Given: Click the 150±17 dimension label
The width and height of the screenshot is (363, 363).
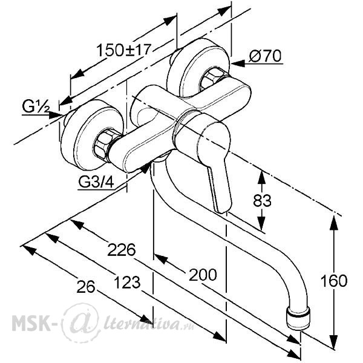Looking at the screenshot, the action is pyautogui.click(x=123, y=50).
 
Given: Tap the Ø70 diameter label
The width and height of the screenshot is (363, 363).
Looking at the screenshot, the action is pyautogui.click(x=265, y=56).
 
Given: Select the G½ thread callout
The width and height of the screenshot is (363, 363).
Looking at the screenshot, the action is pyautogui.click(x=36, y=106).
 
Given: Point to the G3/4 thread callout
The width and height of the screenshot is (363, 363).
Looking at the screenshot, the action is pyautogui.click(x=96, y=182).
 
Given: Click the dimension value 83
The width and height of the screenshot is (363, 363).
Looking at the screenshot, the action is pyautogui.click(x=262, y=200).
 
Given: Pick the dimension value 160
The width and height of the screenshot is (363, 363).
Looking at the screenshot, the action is pyautogui.click(x=333, y=281).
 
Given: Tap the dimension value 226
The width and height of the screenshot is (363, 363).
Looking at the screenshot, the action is pyautogui.click(x=122, y=249).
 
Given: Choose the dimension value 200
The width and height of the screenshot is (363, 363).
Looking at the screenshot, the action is pyautogui.click(x=203, y=275).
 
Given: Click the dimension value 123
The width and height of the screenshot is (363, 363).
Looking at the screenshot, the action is pyautogui.click(x=127, y=283).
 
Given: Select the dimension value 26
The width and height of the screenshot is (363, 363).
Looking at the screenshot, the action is pyautogui.click(x=86, y=287).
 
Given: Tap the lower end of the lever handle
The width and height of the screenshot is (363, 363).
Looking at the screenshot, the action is pyautogui.click(x=221, y=208).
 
